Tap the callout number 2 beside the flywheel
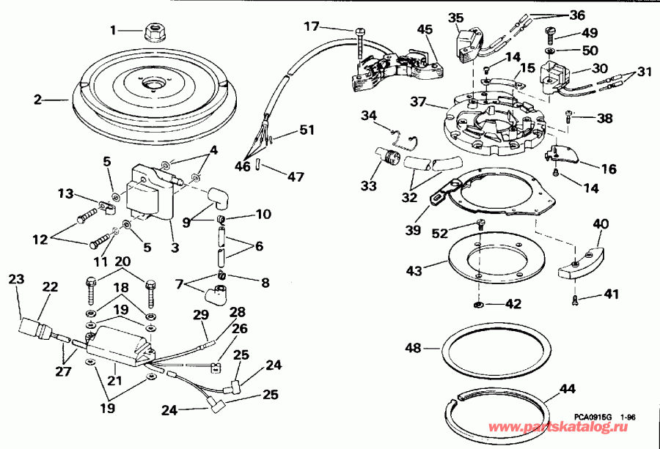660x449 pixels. [37, 100]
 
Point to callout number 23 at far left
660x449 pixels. [16, 279]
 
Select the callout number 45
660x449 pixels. [425, 29]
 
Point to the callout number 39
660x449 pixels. [413, 230]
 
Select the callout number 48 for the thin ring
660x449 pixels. [414, 348]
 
